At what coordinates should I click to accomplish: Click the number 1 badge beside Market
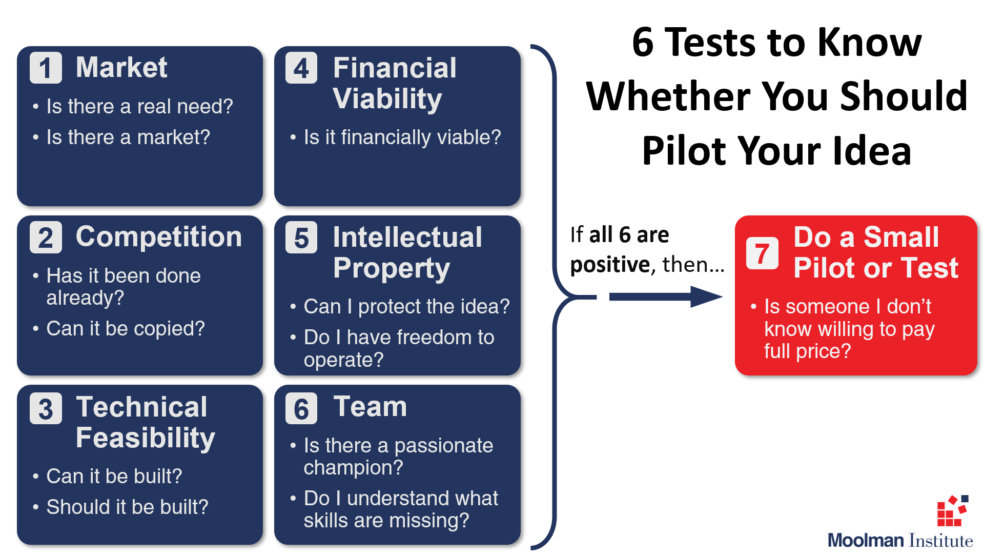pos(46,68)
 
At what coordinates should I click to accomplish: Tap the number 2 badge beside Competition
pos(46,237)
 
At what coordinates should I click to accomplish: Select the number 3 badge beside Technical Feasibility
pos(46,408)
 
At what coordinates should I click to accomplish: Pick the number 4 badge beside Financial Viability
pos(301,68)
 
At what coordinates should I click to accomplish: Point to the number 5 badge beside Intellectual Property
pos(301,237)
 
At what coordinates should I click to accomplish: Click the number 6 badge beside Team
pos(301,408)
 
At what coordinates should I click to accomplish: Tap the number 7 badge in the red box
pos(762,253)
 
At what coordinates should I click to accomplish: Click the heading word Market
pos(121,67)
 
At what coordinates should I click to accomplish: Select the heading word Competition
pos(159,237)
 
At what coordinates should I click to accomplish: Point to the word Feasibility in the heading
pos(146,439)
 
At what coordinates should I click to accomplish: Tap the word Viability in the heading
pos(387,99)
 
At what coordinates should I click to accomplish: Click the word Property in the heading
pos(392,269)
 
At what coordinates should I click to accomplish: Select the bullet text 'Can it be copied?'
pos(126,329)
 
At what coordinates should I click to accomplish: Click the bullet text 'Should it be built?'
pos(128,507)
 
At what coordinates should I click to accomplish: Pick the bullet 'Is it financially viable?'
pos(402,137)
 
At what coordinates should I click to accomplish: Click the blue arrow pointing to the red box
pos(666,296)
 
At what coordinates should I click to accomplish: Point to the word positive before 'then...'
pos(610,265)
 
